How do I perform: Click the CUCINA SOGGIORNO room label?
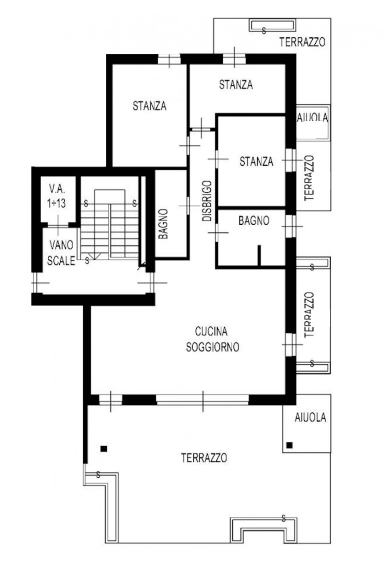(213, 339)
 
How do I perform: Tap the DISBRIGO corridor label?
(207, 201)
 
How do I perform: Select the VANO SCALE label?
(61, 253)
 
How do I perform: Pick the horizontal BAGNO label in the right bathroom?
(254, 220)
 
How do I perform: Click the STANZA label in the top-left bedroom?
(150, 106)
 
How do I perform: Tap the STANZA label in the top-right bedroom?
(236, 85)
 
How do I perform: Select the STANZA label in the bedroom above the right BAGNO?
(256, 161)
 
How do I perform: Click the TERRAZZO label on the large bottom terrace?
(204, 458)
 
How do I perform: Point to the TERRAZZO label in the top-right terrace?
(302, 42)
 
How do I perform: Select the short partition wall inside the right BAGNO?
(259, 255)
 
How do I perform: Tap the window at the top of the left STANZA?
(169, 59)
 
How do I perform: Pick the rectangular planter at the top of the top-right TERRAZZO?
(272, 25)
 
